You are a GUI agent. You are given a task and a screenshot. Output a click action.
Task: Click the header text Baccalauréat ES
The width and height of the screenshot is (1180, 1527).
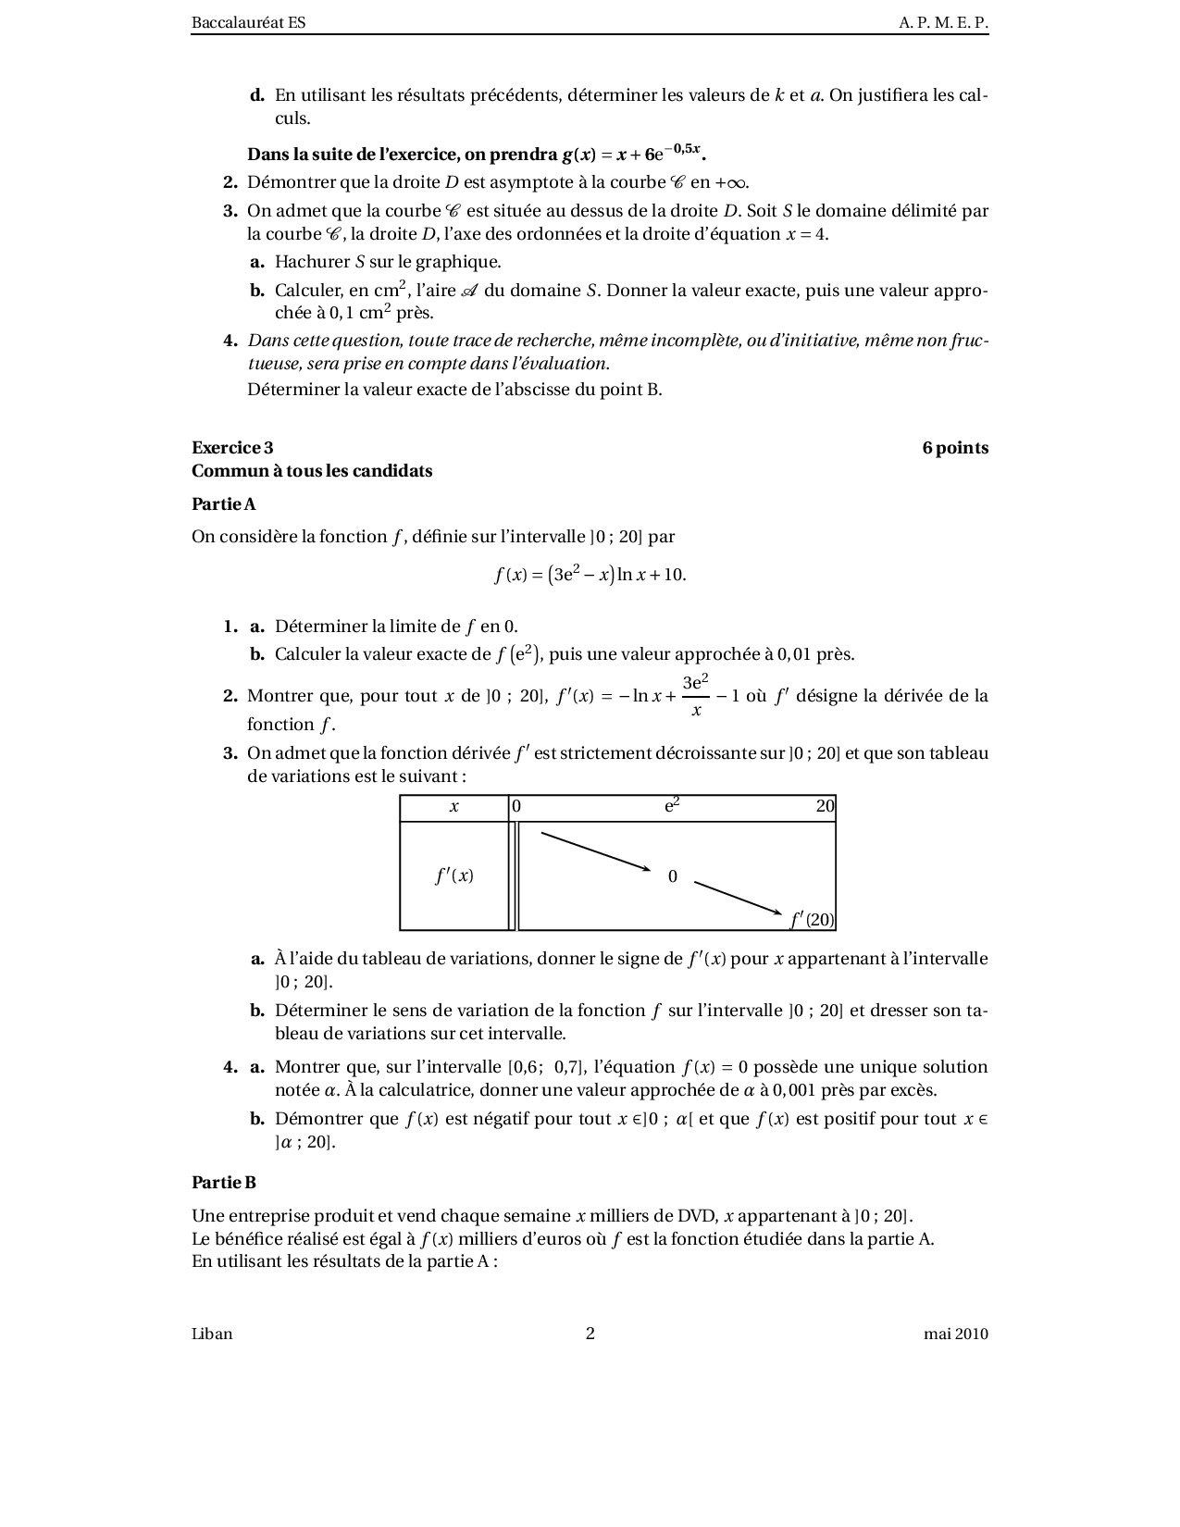coord(248,23)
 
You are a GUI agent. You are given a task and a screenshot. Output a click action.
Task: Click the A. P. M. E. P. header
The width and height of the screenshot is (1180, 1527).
coord(943,23)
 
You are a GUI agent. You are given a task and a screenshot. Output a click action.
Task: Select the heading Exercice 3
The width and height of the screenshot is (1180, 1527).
coord(232,448)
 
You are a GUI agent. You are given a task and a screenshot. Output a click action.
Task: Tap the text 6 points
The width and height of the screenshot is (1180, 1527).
coord(955,448)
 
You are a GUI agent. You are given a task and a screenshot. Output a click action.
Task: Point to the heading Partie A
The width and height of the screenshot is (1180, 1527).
coord(223,503)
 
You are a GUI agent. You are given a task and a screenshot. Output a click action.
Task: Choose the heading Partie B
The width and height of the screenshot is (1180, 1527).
coord(223,1182)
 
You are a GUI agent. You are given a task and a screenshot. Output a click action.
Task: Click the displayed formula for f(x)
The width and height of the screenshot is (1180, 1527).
coord(590,574)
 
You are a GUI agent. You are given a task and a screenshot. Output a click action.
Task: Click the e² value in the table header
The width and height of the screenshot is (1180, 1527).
coord(672,805)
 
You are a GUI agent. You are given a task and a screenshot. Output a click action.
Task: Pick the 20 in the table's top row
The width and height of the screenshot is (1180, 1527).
coord(825,806)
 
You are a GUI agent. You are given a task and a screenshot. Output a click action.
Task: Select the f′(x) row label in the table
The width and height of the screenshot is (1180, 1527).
coord(453,875)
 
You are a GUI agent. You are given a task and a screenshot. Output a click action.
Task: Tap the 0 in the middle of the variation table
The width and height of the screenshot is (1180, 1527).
coord(673,876)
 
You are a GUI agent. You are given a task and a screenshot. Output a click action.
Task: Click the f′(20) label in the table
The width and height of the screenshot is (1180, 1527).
coord(813,919)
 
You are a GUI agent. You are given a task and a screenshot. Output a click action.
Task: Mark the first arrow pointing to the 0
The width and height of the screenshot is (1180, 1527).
coord(596,851)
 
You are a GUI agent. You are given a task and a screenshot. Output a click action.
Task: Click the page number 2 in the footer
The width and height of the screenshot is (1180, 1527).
coord(590,1334)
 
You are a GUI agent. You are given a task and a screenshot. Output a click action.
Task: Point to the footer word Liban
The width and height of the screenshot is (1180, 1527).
coord(212,1334)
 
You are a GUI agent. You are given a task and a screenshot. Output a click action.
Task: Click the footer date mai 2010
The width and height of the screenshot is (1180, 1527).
coord(955,1334)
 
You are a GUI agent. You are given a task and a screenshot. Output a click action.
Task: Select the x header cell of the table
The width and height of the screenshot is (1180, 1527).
coord(453,807)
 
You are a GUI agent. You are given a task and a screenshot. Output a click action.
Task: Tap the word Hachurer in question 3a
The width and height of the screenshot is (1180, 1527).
coord(313,262)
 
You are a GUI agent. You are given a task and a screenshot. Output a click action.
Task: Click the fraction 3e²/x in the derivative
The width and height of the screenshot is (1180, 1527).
coord(695,696)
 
